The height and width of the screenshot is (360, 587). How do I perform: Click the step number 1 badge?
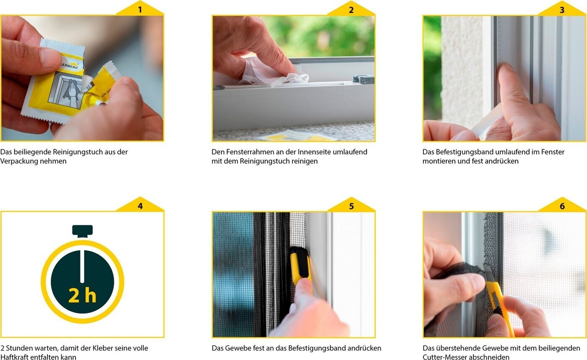pos(140,9)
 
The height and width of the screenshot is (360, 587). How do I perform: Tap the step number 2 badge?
pos(351,9)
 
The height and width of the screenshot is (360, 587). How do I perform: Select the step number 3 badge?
pos(562,9)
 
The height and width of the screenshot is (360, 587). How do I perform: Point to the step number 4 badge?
pos(140,206)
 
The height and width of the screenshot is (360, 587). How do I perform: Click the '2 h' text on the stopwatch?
pos(82,296)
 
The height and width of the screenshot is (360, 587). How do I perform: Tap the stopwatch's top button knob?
pos(82,231)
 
